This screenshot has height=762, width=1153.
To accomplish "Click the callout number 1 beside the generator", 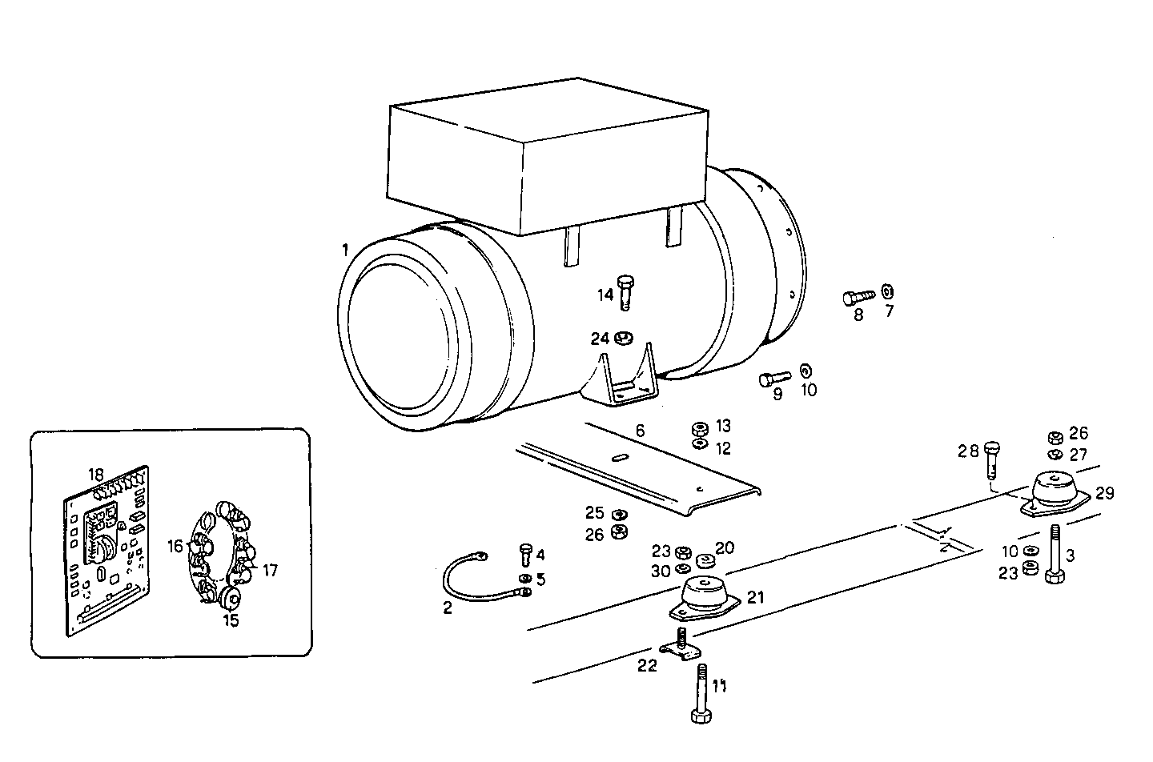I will click(x=345, y=251).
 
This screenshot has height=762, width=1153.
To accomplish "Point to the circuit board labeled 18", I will click(x=106, y=552).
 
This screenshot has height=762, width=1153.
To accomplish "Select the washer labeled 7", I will click(x=887, y=291).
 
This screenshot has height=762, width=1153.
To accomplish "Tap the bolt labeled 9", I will click(x=773, y=378).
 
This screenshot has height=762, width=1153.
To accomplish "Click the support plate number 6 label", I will click(x=640, y=431).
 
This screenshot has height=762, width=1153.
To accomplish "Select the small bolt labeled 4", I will click(x=526, y=555).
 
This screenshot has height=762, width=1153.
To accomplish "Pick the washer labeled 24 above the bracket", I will click(x=624, y=338).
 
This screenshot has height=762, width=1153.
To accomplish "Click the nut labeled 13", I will click(x=699, y=427).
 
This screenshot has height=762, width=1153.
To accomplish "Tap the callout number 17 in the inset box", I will click(x=270, y=571).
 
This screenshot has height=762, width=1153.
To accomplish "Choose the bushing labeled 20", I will click(x=705, y=559).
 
